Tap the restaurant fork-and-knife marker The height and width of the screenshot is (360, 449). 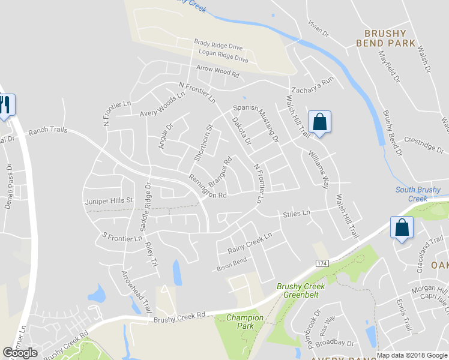6,106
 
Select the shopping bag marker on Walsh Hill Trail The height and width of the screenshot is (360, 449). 319,122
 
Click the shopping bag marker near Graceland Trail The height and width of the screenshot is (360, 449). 401,227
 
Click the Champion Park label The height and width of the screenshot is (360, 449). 245,322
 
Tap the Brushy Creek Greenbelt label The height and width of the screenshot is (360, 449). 301,290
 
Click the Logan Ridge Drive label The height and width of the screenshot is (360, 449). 222,56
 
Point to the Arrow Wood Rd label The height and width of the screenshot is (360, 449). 217,73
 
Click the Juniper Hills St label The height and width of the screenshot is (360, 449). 108,201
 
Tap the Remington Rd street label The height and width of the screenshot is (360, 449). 208,187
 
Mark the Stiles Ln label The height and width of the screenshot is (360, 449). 297,213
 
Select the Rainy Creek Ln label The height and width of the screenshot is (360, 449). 250,242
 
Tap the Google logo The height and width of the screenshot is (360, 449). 20,353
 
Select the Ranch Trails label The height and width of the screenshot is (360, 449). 48,130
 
